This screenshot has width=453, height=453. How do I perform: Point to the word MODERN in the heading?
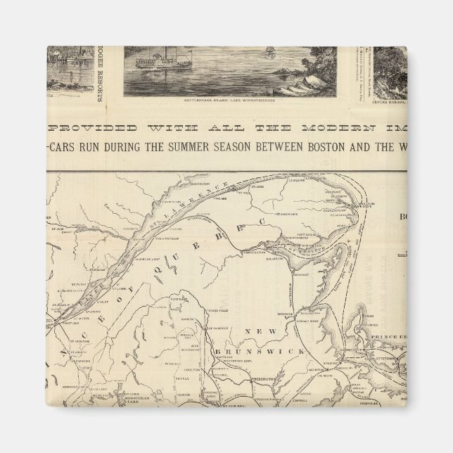tap(333, 127)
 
